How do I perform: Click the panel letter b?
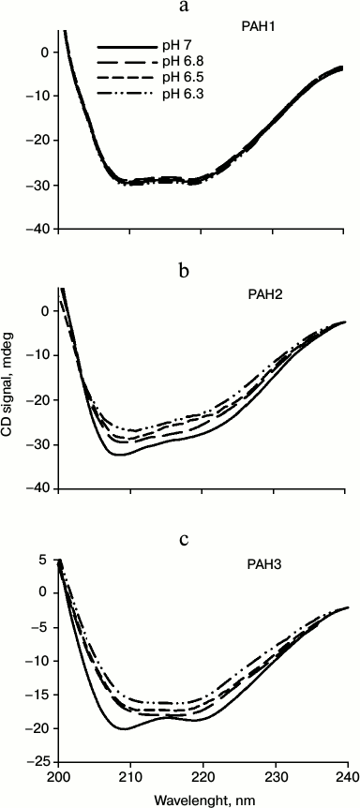click(185, 272)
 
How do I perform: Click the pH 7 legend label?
click(177, 45)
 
